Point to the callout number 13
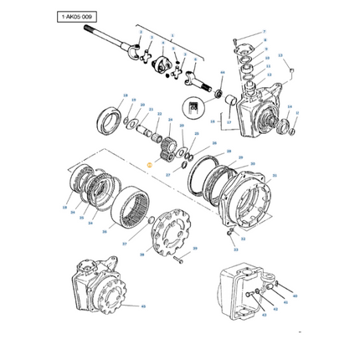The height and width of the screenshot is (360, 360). click(281, 56)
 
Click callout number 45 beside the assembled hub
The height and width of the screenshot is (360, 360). click(143, 306)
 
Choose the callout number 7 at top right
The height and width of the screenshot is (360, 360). click(264, 31)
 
